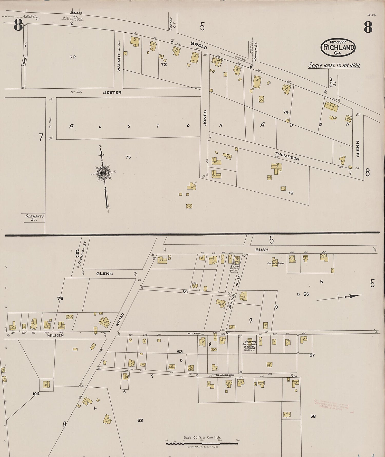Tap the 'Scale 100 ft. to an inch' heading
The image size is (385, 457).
pyautogui.click(x=334, y=65)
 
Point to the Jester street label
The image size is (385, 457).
pyautogui.click(x=112, y=92)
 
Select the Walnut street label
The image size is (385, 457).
pyautogui.click(x=119, y=62)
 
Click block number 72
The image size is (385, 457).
pyautogui.click(x=73, y=57)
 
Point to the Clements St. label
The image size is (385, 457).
pyautogui.click(x=35, y=218)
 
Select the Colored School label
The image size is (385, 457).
pyautogui.click(x=276, y=263)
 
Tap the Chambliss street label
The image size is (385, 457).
pyautogui.click(x=225, y=375)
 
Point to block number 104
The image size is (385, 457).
pyautogui.click(x=36, y=394)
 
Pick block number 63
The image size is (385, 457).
pyautogui.click(x=140, y=420)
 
